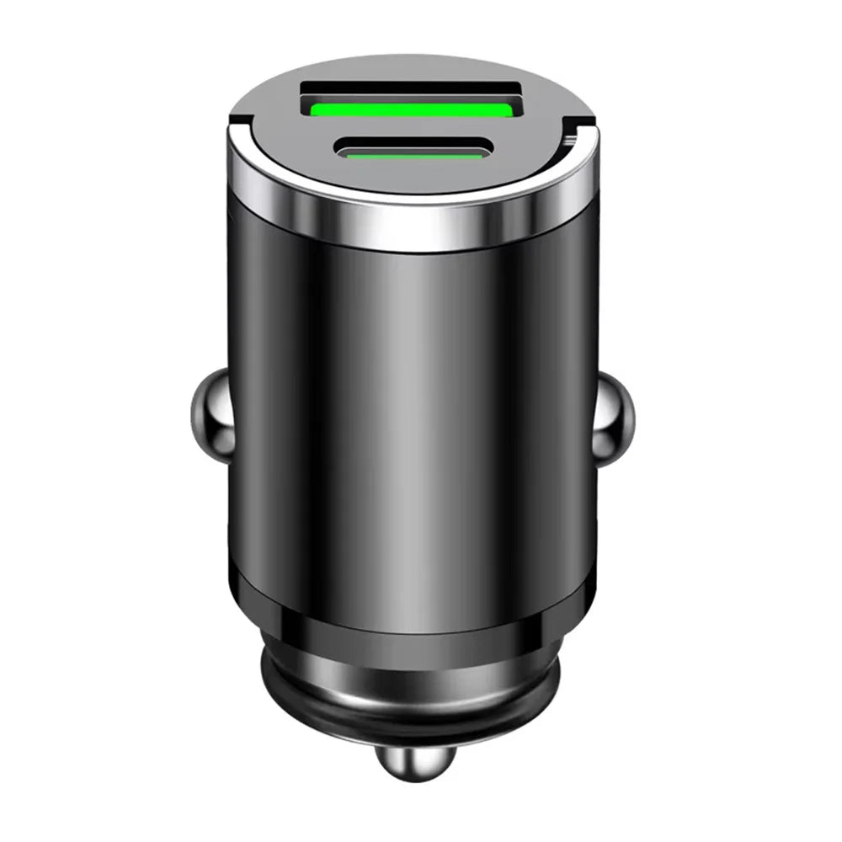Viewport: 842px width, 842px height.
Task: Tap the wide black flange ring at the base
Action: [412, 703]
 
